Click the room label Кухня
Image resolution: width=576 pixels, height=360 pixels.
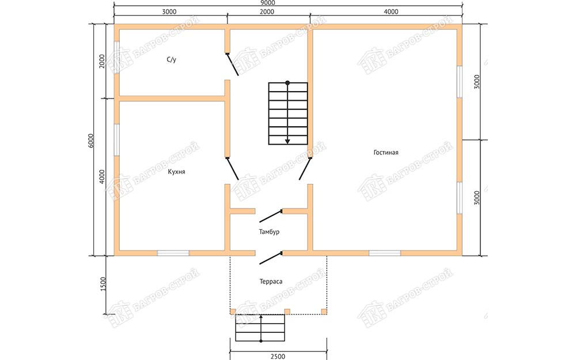point(176,172)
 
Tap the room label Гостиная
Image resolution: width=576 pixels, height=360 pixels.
point(386,153)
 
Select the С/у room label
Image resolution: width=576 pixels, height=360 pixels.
point(171,59)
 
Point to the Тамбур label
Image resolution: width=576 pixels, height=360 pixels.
point(269,232)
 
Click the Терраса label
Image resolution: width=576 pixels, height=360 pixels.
point(271,282)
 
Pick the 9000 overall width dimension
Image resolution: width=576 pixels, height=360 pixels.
point(268,3)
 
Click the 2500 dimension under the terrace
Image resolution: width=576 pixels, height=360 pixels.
point(278,356)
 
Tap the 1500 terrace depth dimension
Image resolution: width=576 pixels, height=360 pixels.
point(103,284)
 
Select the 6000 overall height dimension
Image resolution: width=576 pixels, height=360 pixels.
point(91,141)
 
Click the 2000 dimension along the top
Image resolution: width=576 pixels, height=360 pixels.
point(267,12)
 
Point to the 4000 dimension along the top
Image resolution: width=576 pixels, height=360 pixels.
point(391,12)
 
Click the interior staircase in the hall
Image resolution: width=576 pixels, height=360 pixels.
point(288,113)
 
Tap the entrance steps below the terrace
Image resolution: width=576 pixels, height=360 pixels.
point(260,328)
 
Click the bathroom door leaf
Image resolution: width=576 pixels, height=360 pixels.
point(233,65)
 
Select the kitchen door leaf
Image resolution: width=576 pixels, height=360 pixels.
point(233,169)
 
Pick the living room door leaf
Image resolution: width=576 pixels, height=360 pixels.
point(305,169)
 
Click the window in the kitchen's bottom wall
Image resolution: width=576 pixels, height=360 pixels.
point(173,253)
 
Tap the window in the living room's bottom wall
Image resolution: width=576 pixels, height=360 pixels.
point(385,253)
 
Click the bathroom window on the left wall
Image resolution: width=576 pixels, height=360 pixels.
point(117,57)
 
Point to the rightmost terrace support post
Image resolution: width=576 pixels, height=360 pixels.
point(324,312)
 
